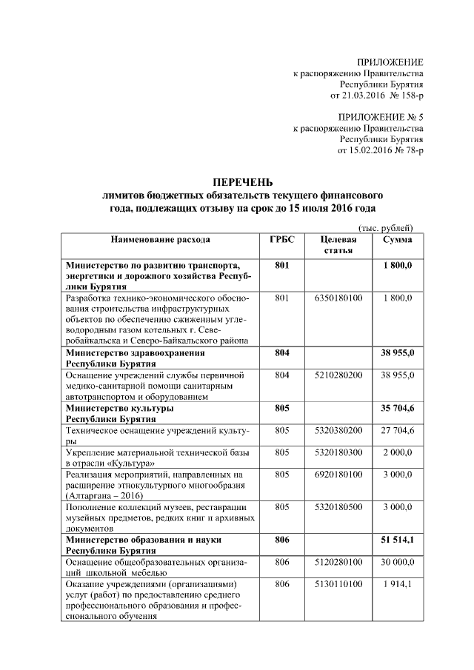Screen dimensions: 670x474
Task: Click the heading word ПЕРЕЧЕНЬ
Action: [x=243, y=182]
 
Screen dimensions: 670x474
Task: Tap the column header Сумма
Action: [x=398, y=240]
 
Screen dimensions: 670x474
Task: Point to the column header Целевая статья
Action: [x=338, y=246]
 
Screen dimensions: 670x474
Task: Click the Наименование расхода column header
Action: [x=161, y=240]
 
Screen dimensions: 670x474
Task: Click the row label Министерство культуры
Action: [x=120, y=408]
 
